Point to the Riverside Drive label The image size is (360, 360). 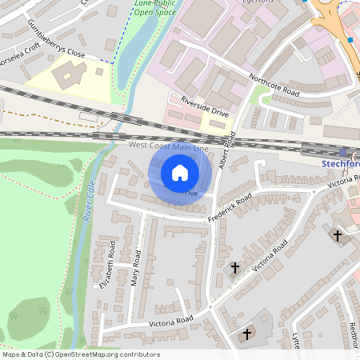[x=205, y=109]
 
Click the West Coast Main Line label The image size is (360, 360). [x=169, y=148]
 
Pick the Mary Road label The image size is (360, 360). [x=135, y=269]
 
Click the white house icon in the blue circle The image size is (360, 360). [x=180, y=172]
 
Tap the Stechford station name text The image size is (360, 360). [x=340, y=164]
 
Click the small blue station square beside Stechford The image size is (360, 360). [x=343, y=152]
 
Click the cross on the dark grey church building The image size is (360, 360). [x=247, y=333]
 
